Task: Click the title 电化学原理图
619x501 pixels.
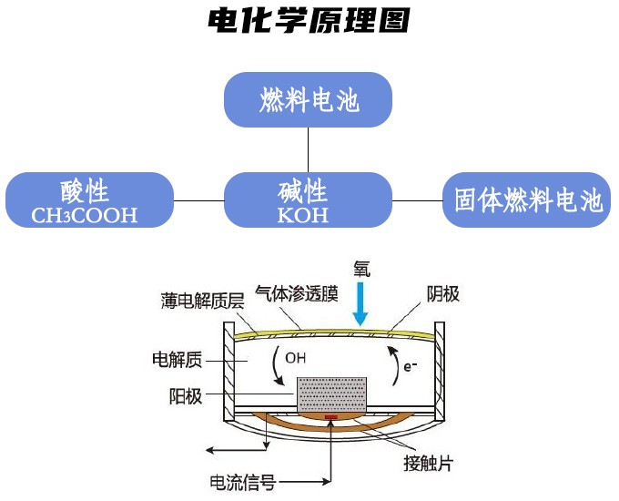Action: pyautogui.click(x=309, y=20)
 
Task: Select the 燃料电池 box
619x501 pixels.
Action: pyautogui.click(x=309, y=99)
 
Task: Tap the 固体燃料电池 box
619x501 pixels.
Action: pyautogui.click(x=528, y=200)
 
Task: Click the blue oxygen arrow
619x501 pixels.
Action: pyautogui.click(x=361, y=304)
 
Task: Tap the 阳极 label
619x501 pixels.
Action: pyautogui.click(x=186, y=396)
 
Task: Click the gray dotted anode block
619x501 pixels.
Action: pyautogui.click(x=331, y=394)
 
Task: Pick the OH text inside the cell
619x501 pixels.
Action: pyautogui.click(x=295, y=358)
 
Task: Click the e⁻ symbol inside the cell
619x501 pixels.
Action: pyautogui.click(x=411, y=366)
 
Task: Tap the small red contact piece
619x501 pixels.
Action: pyautogui.click(x=330, y=419)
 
